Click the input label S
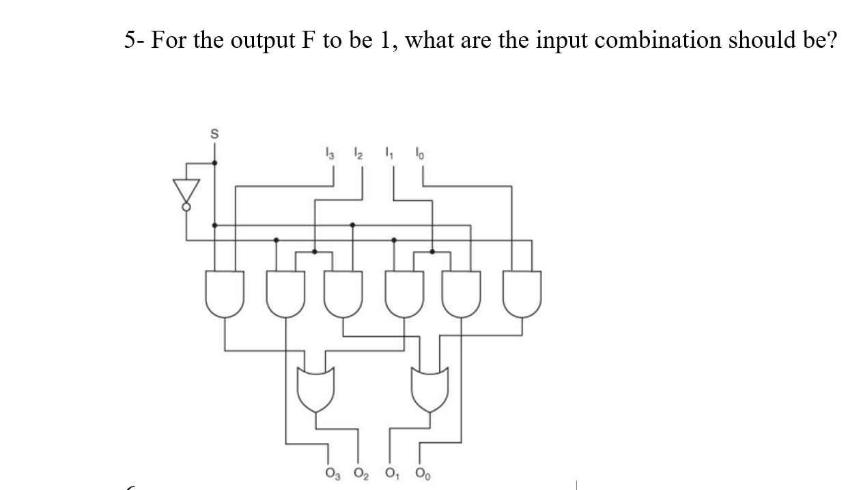214,135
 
